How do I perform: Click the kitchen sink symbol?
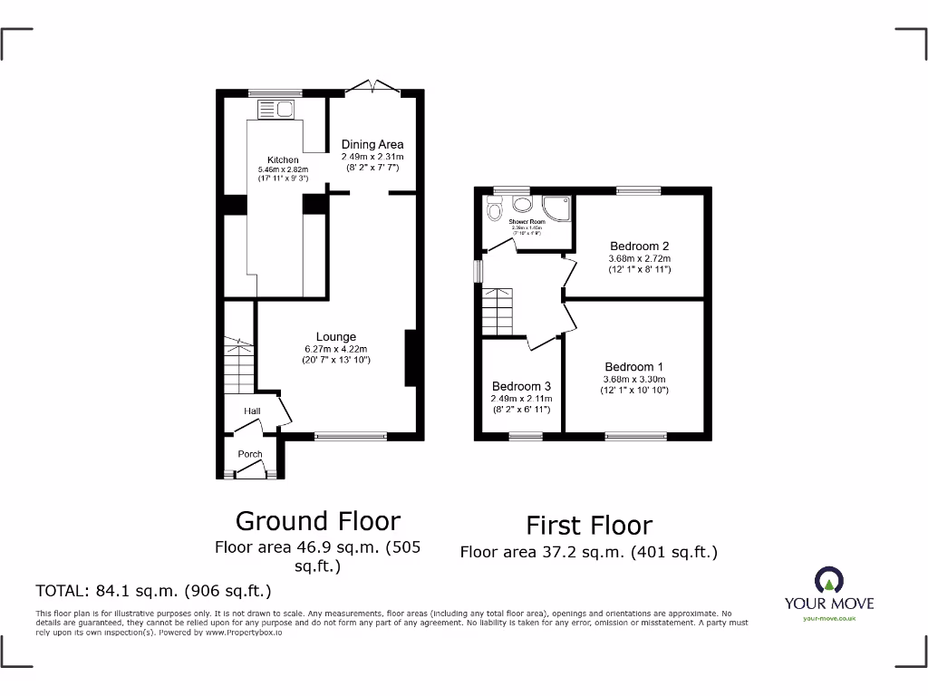pyautogui.click(x=275, y=110)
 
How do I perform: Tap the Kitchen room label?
pyautogui.click(x=283, y=160)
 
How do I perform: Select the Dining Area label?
pyautogui.click(x=372, y=144)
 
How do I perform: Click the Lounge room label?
pyautogui.click(x=336, y=337)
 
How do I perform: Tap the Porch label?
pyautogui.click(x=250, y=454)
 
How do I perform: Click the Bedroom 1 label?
pyautogui.click(x=634, y=367)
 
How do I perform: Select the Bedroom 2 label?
pyautogui.click(x=639, y=246)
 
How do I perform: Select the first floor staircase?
pyautogui.click(x=497, y=311)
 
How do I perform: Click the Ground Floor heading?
pyautogui.click(x=317, y=521)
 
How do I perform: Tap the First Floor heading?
pyautogui.click(x=589, y=526)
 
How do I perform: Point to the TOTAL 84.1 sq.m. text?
pyautogui.click(x=153, y=592)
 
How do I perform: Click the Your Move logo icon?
pyautogui.click(x=829, y=579)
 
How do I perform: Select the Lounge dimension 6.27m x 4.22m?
pyautogui.click(x=336, y=350)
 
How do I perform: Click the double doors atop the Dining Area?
pyautogui.click(x=376, y=86)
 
